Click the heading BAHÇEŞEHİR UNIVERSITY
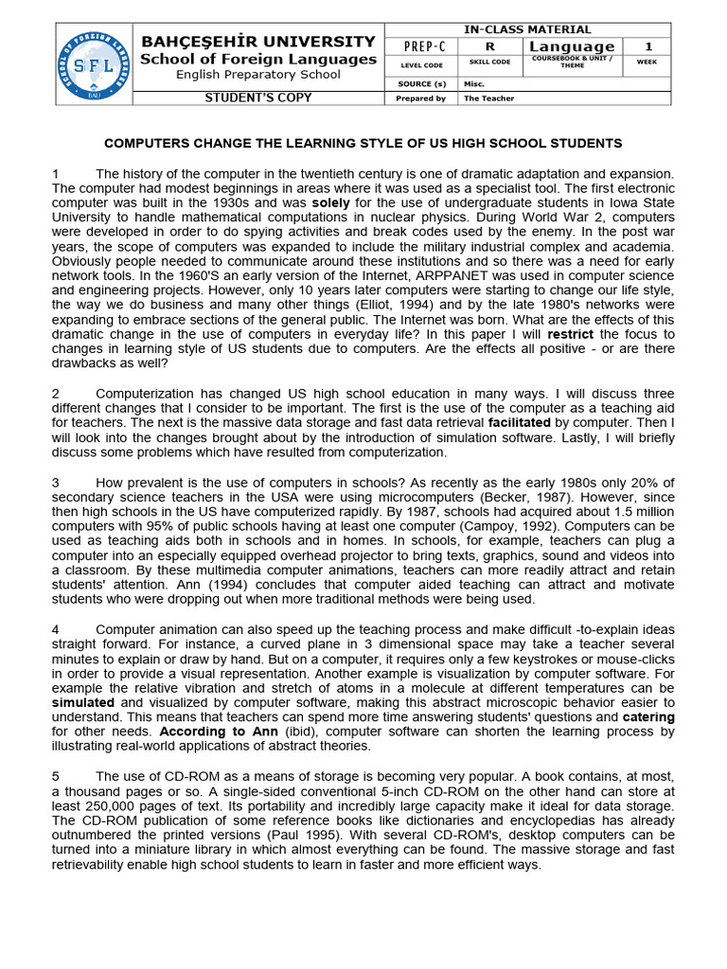258,42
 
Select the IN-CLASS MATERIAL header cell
527,30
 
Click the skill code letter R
489,46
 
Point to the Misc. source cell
473,83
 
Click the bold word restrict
570,334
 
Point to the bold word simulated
83,703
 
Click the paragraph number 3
56,483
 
